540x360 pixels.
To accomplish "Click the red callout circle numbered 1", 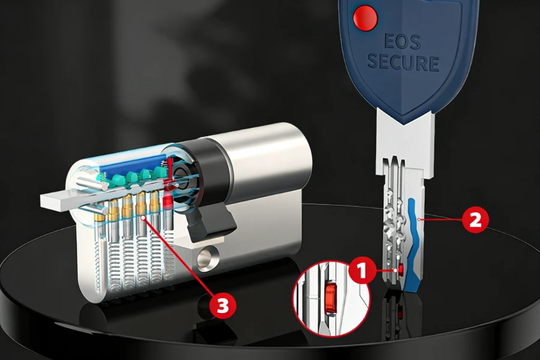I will pyautogui.click(x=361, y=271).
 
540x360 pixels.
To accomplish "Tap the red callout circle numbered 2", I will pyautogui.click(x=475, y=220).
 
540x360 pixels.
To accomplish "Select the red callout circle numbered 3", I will pyautogui.click(x=223, y=306).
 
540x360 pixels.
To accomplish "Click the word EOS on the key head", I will pyautogui.click(x=403, y=42).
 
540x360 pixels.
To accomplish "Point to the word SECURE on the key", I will pyautogui.click(x=403, y=62).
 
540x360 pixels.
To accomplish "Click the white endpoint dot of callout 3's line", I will pyautogui.click(x=142, y=220).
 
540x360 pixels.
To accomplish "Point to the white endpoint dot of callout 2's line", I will pyautogui.click(x=418, y=220).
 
